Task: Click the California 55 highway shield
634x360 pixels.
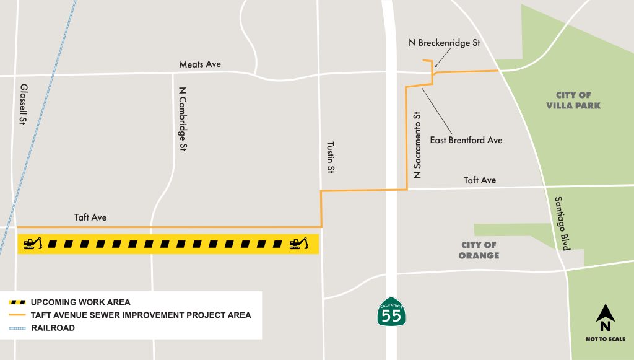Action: click(391, 313)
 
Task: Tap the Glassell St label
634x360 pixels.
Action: click(24, 105)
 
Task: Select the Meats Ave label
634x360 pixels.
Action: click(199, 64)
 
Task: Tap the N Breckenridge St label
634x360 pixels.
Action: click(444, 43)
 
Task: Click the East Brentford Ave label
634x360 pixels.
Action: click(466, 140)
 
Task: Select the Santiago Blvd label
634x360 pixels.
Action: click(560, 223)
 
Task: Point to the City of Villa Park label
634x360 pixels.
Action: click(573, 100)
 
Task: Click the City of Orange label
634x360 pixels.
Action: click(479, 250)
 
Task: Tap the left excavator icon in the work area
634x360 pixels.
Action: click(32, 244)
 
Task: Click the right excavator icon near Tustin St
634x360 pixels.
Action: click(298, 244)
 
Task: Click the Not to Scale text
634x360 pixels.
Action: click(605, 339)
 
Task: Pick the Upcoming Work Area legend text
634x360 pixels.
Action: click(80, 302)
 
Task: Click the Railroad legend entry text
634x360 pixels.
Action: click(53, 328)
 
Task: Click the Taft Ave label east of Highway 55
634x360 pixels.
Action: click(480, 180)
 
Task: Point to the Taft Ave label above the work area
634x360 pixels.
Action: click(90, 217)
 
